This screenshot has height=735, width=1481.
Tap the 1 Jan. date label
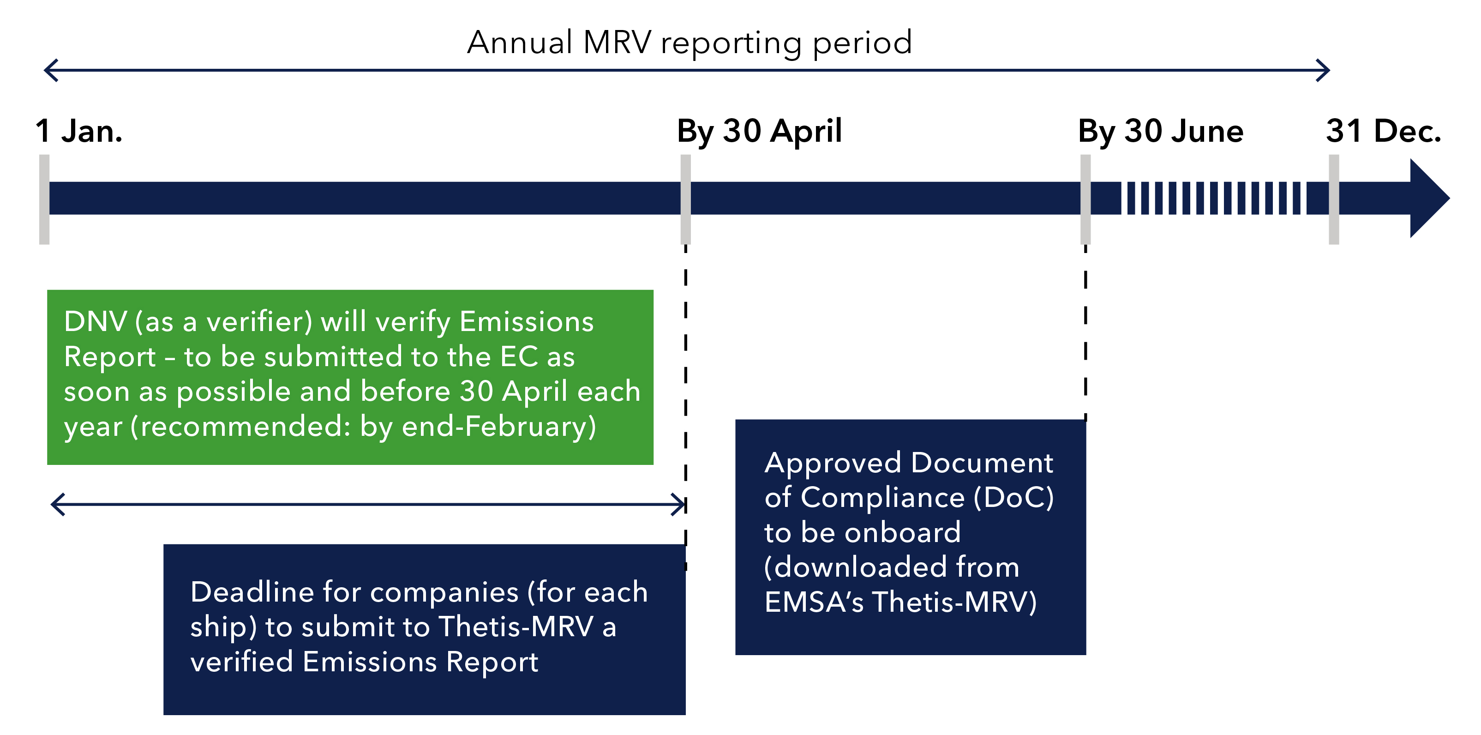[x=79, y=131]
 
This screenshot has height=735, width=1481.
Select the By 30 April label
[x=759, y=131]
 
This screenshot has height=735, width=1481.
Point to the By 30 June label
[x=1160, y=131]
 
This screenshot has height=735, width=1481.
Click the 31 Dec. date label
[x=1383, y=131]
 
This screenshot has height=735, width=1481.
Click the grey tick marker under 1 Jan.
[x=44, y=199]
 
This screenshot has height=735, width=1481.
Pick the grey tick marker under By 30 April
[x=685, y=199]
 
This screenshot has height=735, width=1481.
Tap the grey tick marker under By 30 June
[x=1085, y=199]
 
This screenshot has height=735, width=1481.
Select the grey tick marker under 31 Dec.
[x=1334, y=199]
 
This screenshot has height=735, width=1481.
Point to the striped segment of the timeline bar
[x=1213, y=199]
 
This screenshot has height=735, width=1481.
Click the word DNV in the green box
[x=95, y=321]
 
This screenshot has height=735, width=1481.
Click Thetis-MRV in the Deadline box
[x=516, y=627]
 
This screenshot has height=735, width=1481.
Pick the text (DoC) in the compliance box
[x=1013, y=498]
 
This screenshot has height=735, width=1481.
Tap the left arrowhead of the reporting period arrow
[x=51, y=70]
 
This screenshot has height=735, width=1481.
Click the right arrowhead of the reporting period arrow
[x=1324, y=70]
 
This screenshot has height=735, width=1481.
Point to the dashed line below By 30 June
[x=1085, y=334]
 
